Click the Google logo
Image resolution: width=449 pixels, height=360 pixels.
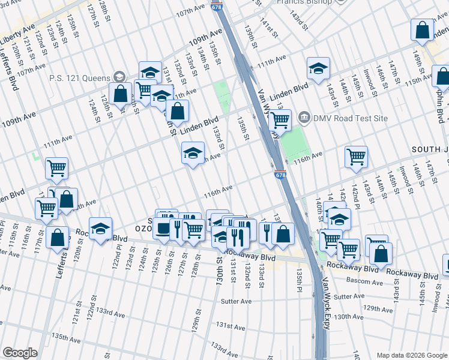tap(20, 353)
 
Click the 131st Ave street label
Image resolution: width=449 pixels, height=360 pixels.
tap(232, 327)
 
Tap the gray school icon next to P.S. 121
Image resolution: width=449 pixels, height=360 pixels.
tap(119, 78)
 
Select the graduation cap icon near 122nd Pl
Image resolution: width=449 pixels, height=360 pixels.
tap(101, 228)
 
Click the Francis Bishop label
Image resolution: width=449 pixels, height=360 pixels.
tap(304, 2)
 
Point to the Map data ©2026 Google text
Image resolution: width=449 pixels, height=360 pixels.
tap(410, 355)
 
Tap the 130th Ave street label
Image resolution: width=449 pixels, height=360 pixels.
tap(350, 316)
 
